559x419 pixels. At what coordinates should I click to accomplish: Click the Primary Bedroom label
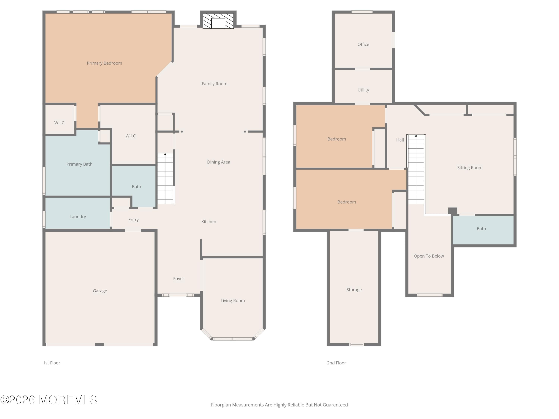[104, 63]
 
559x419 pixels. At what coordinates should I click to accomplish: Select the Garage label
[100, 291]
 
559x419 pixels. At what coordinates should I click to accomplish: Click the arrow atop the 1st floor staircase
[165, 154]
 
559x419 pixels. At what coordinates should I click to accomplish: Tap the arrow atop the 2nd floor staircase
[416, 136]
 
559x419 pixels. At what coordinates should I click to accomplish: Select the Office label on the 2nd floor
[363, 45]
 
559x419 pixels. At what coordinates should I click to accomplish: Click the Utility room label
[363, 90]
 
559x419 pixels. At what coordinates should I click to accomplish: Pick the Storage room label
[354, 290]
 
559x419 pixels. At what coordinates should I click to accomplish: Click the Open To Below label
[429, 256]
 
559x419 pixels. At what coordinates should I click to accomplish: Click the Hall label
[400, 140]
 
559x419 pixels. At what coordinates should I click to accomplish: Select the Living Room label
[233, 301]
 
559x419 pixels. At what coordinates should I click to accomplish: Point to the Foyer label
[179, 279]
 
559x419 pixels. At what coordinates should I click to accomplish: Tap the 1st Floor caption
[52, 363]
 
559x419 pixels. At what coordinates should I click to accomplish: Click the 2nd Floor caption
[336, 363]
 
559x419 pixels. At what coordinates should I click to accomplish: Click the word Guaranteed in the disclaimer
[335, 405]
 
